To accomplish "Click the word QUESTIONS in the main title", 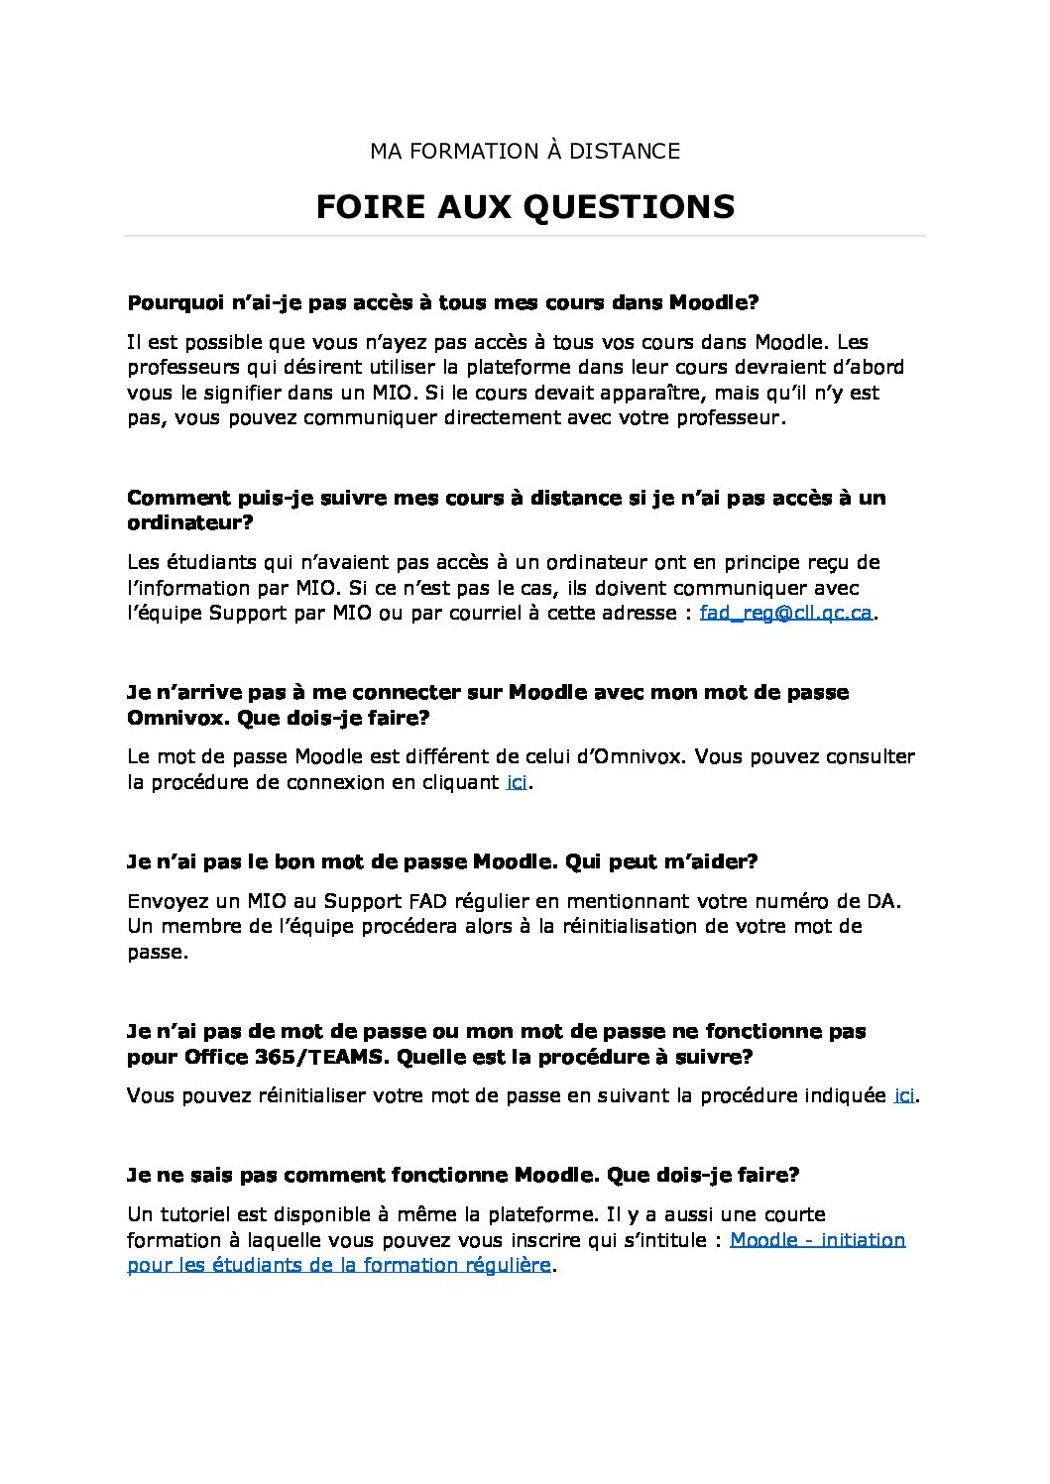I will pyautogui.click(x=627, y=207).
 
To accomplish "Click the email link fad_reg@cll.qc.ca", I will pyautogui.click(x=785, y=613).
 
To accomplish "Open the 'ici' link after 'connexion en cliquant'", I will pyautogui.click(x=516, y=782).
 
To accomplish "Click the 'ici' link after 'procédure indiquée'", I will pyautogui.click(x=904, y=1095).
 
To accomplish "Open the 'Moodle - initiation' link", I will pyautogui.click(x=817, y=1240).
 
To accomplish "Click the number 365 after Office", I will pyautogui.click(x=274, y=1057).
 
